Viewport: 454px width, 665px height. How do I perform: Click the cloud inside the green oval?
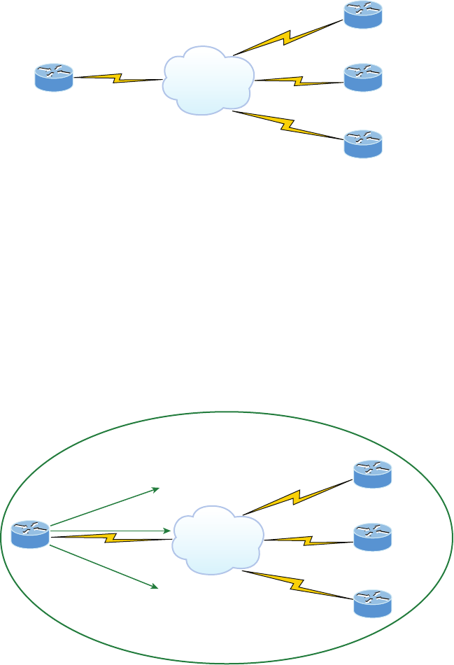(218, 539)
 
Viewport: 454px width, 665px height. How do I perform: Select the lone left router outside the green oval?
(54, 77)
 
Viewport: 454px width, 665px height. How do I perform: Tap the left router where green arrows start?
(30, 535)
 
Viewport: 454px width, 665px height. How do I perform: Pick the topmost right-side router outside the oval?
(363, 14)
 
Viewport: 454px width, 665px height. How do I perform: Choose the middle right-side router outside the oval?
(363, 77)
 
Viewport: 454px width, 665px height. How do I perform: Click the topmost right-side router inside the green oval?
(372, 474)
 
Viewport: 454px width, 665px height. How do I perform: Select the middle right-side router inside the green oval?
(372, 537)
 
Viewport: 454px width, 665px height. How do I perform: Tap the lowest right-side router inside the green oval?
(372, 603)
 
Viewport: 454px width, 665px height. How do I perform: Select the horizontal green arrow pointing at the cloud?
(111, 532)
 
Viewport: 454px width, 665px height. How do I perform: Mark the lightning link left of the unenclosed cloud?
(118, 78)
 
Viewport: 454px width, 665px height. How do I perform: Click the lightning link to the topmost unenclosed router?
(288, 36)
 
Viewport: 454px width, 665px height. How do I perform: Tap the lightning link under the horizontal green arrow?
(112, 538)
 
